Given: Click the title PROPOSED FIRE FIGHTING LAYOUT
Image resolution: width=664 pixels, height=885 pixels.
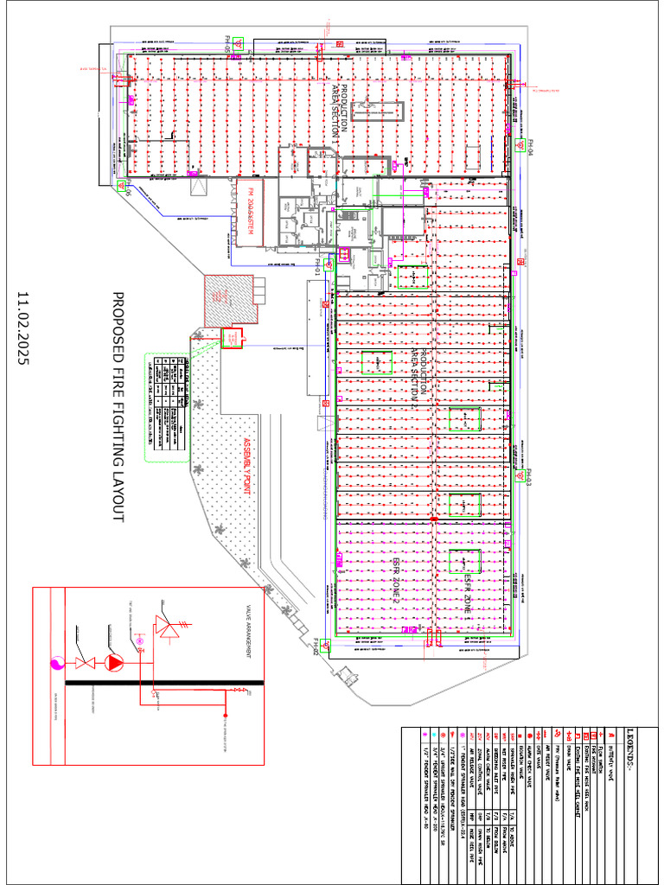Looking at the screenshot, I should [118, 407].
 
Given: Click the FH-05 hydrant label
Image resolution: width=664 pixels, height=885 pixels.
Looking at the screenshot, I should [228, 43].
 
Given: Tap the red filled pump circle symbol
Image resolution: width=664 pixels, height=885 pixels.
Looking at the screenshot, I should [115, 663].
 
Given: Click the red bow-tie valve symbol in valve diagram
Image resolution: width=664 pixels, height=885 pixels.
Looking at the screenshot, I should [85, 663].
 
